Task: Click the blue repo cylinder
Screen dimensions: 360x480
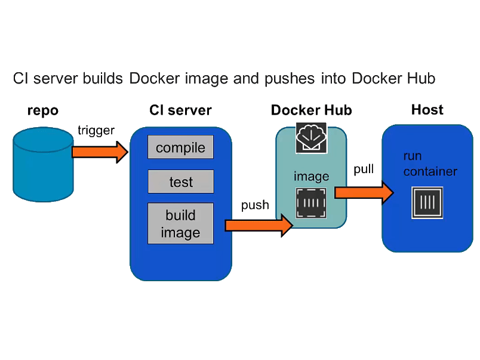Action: coord(43,165)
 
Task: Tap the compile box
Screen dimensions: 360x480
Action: coord(180,147)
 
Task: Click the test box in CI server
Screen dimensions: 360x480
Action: coord(180,181)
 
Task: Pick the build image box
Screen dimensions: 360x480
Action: coord(180,223)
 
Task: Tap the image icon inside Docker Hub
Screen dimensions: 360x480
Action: coord(311,203)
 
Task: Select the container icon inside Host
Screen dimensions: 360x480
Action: coord(427,202)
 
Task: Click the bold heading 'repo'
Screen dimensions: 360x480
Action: coord(43,110)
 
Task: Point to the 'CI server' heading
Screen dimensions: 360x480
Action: coord(180,110)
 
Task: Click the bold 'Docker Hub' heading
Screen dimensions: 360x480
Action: coord(311,110)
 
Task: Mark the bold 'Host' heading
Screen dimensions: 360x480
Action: coord(427,110)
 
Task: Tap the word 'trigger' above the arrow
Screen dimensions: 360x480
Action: coord(96,131)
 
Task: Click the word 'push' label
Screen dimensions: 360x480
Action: coord(255,205)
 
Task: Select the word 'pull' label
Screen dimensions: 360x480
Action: coord(364,169)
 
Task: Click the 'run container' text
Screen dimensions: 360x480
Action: coord(429,164)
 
